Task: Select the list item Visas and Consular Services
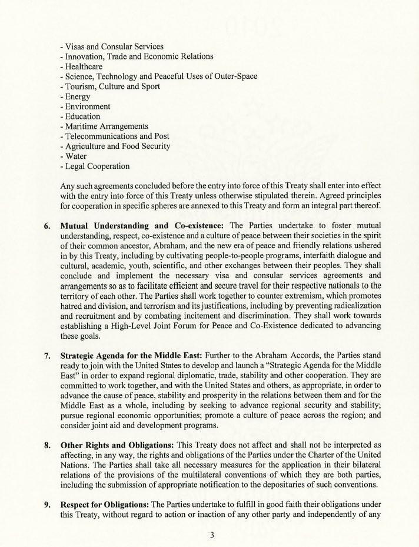click(112, 46)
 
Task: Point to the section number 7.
click(47, 356)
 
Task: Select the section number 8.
click(47, 446)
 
